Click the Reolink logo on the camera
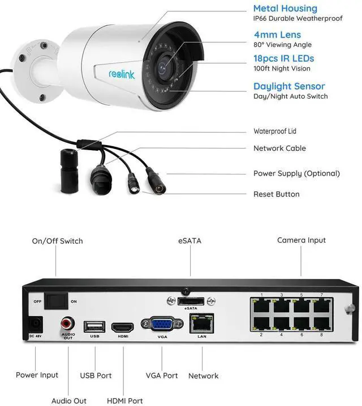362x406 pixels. (x=122, y=75)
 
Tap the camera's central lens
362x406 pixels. (x=163, y=68)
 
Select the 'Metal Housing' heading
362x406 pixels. (x=285, y=8)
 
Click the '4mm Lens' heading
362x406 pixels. (x=278, y=34)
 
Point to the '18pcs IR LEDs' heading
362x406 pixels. (x=284, y=59)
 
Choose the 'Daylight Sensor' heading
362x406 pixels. (x=289, y=86)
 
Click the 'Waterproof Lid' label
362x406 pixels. (x=275, y=131)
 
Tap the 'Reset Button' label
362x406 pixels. (x=277, y=194)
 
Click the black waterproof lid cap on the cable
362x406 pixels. (x=69, y=171)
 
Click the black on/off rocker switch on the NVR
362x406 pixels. (x=56, y=301)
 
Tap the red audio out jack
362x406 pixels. (x=68, y=324)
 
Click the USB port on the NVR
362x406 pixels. (x=94, y=327)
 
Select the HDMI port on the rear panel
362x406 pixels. (x=123, y=328)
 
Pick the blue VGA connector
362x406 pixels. (x=162, y=324)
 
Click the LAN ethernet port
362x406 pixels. (x=202, y=324)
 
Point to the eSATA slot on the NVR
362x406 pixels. (x=191, y=301)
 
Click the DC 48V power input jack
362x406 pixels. (x=35, y=325)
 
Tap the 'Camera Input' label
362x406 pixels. (x=301, y=241)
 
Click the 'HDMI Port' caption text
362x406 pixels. (x=125, y=401)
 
